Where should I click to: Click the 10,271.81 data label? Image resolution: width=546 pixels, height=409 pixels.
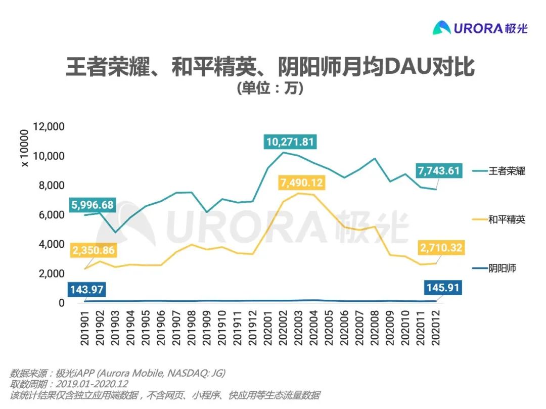pyautogui.click(x=290, y=142)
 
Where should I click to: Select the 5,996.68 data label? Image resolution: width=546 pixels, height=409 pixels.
pyautogui.click(x=92, y=205)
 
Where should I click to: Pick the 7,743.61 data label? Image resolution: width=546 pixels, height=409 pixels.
pyautogui.click(x=438, y=171)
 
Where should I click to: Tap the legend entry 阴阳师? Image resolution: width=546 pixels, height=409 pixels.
pyautogui.click(x=502, y=268)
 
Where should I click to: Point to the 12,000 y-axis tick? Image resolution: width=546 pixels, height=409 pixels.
pyautogui.click(x=49, y=126)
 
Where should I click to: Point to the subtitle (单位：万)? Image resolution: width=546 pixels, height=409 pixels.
pyautogui.click(x=270, y=89)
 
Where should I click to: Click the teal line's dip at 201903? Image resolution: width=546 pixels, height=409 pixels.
pyautogui.click(x=116, y=233)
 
